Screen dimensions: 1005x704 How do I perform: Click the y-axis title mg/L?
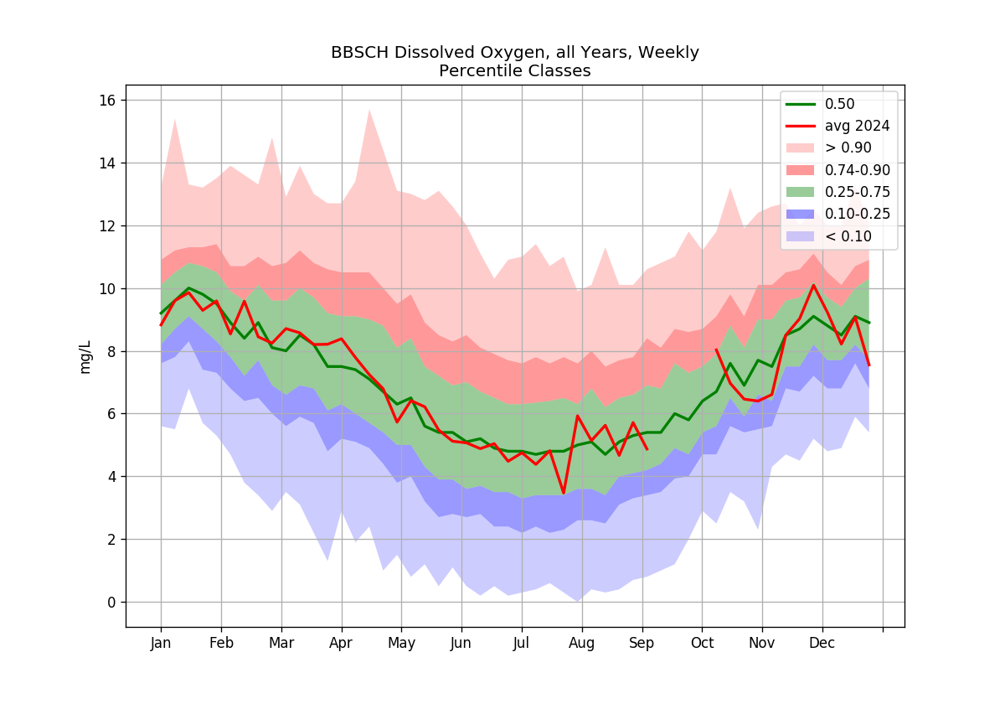click(85, 357)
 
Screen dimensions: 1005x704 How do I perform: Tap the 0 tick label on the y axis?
click(111, 602)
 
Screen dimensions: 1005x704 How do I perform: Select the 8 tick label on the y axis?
click(111, 351)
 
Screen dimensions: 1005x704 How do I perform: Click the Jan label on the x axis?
click(161, 643)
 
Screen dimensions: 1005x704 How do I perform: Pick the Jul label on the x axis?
click(521, 643)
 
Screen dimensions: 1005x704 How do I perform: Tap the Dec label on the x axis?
click(822, 643)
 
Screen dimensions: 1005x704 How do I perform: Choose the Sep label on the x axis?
click(642, 643)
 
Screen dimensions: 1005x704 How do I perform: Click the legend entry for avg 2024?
click(837, 127)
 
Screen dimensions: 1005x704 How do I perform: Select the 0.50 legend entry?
click(820, 104)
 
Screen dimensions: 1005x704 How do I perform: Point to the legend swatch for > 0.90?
click(800, 148)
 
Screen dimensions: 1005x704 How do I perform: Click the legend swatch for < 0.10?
click(800, 236)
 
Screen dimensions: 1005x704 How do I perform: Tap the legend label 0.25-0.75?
click(858, 192)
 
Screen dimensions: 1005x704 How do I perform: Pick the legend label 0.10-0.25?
click(858, 214)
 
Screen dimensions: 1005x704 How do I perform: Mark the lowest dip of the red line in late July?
click(564, 493)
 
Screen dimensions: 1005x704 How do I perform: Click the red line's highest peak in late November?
click(813, 285)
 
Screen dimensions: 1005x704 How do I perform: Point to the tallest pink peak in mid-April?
click(369, 110)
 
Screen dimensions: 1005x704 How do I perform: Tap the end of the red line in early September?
click(647, 449)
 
